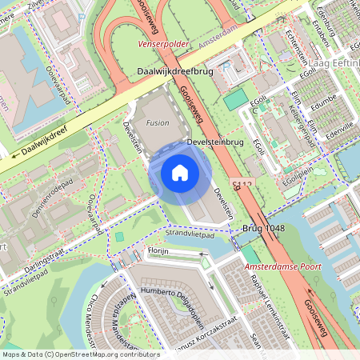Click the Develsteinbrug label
pyautogui.click(x=214, y=142)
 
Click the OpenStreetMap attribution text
pyautogui.click(x=80, y=354)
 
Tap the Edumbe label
pyautogui.click(x=324, y=102)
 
